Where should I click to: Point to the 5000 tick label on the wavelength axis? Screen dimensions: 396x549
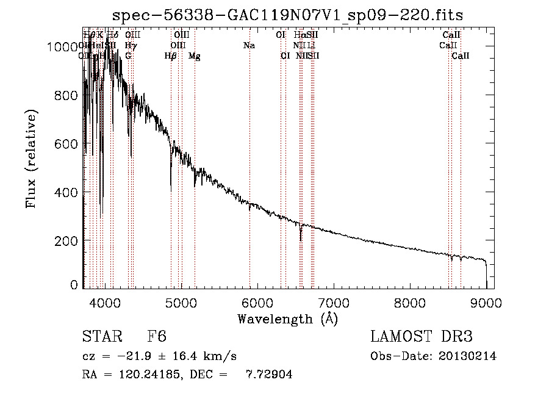tap(181, 302)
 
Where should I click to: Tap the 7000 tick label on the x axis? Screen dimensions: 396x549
tap(334, 302)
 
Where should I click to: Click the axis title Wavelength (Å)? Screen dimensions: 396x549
tap(287, 319)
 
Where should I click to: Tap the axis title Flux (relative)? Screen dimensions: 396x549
tap(32, 159)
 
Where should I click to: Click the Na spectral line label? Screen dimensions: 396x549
tap(248, 46)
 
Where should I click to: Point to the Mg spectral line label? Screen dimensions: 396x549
tap(194, 56)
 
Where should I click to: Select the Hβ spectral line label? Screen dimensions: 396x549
tap(171, 56)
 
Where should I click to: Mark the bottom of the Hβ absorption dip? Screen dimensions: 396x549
tap(171, 183)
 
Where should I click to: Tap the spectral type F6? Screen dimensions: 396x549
tap(157, 337)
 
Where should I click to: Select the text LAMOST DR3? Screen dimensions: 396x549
tap(422, 337)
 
